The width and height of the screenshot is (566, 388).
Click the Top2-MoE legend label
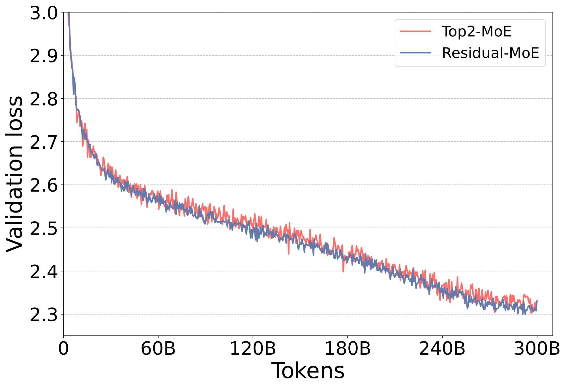coord(477,32)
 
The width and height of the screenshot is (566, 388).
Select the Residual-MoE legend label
coord(490,53)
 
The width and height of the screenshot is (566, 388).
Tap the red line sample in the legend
coord(415,31)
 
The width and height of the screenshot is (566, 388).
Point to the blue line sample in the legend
coord(415,53)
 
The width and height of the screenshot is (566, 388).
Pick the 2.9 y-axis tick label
coord(43,56)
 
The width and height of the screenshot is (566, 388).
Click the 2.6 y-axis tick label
coord(43,185)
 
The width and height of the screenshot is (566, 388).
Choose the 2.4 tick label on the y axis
coord(43,271)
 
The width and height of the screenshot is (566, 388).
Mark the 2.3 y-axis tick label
coord(43,315)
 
